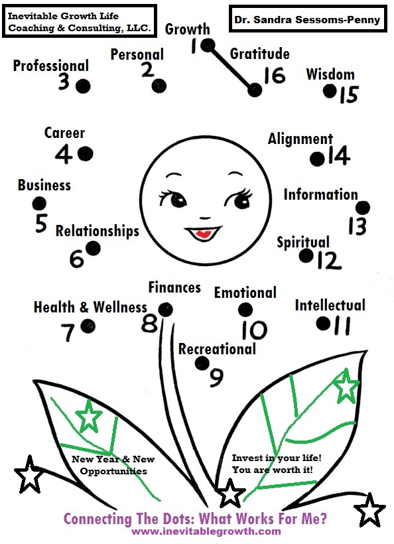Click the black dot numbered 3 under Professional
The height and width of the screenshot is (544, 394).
click(83, 86)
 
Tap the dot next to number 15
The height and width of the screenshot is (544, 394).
click(330, 92)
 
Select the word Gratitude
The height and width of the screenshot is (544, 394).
click(260, 54)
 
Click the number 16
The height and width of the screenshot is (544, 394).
click(275, 75)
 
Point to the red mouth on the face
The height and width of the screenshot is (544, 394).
click(203, 234)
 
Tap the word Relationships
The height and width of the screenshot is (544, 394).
click(98, 231)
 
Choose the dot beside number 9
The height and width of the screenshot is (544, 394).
click(202, 363)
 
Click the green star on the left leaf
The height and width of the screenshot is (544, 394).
click(89, 416)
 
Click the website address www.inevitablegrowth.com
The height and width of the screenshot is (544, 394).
click(206, 531)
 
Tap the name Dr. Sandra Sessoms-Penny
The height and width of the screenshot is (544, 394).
click(307, 19)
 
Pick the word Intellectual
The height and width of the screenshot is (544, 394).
click(330, 305)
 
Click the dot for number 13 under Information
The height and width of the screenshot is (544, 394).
click(363, 208)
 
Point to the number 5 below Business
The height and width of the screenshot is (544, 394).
click(41, 223)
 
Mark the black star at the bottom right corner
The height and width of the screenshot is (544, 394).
click(369, 510)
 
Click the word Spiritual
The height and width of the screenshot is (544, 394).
click(303, 242)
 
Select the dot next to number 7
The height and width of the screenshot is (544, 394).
click(88, 326)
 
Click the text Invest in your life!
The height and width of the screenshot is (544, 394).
click(277, 458)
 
